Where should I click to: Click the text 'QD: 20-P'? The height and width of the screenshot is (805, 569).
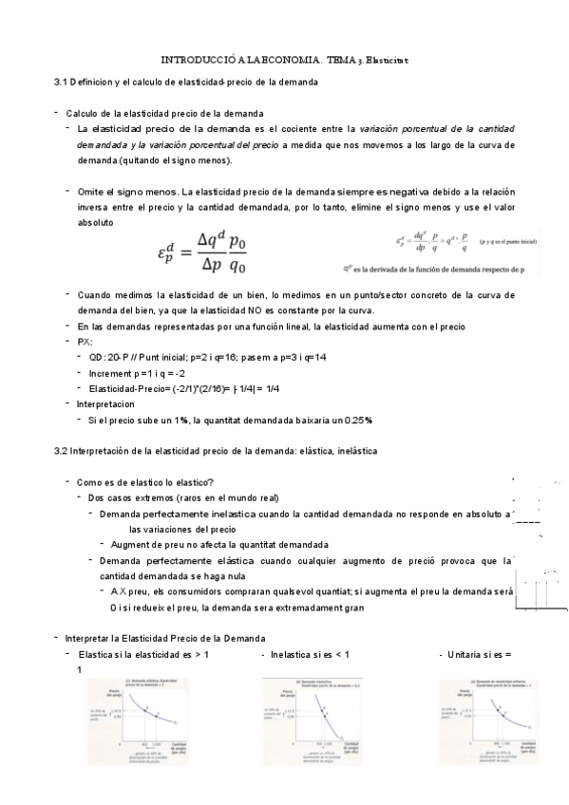pos(111,359)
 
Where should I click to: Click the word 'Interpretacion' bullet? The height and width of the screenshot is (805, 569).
pos(109,403)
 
